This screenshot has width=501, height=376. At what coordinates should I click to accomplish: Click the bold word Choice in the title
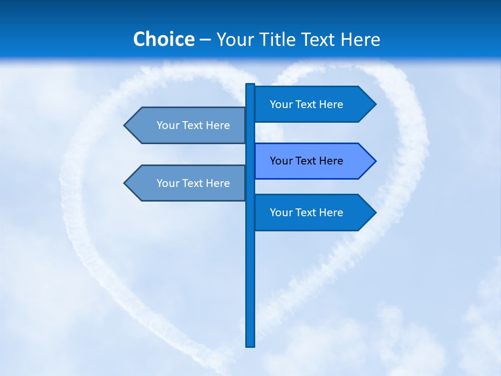pyautogui.click(x=163, y=39)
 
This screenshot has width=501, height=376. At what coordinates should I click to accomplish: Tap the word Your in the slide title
pyautogui.click(x=235, y=39)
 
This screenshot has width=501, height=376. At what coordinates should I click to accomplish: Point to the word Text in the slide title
pyautogui.click(x=319, y=39)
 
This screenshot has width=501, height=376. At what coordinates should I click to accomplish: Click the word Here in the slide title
pyautogui.click(x=361, y=39)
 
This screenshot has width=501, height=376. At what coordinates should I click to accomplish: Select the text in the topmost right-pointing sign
pyautogui.click(x=306, y=104)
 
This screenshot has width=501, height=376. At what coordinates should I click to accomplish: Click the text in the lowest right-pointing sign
pyautogui.click(x=306, y=213)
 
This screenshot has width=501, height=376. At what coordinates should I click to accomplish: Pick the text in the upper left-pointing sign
pyautogui.click(x=193, y=125)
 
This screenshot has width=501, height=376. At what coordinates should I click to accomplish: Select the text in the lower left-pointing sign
pyautogui.click(x=193, y=183)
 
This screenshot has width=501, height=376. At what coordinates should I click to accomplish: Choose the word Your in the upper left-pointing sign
pyautogui.click(x=168, y=125)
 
